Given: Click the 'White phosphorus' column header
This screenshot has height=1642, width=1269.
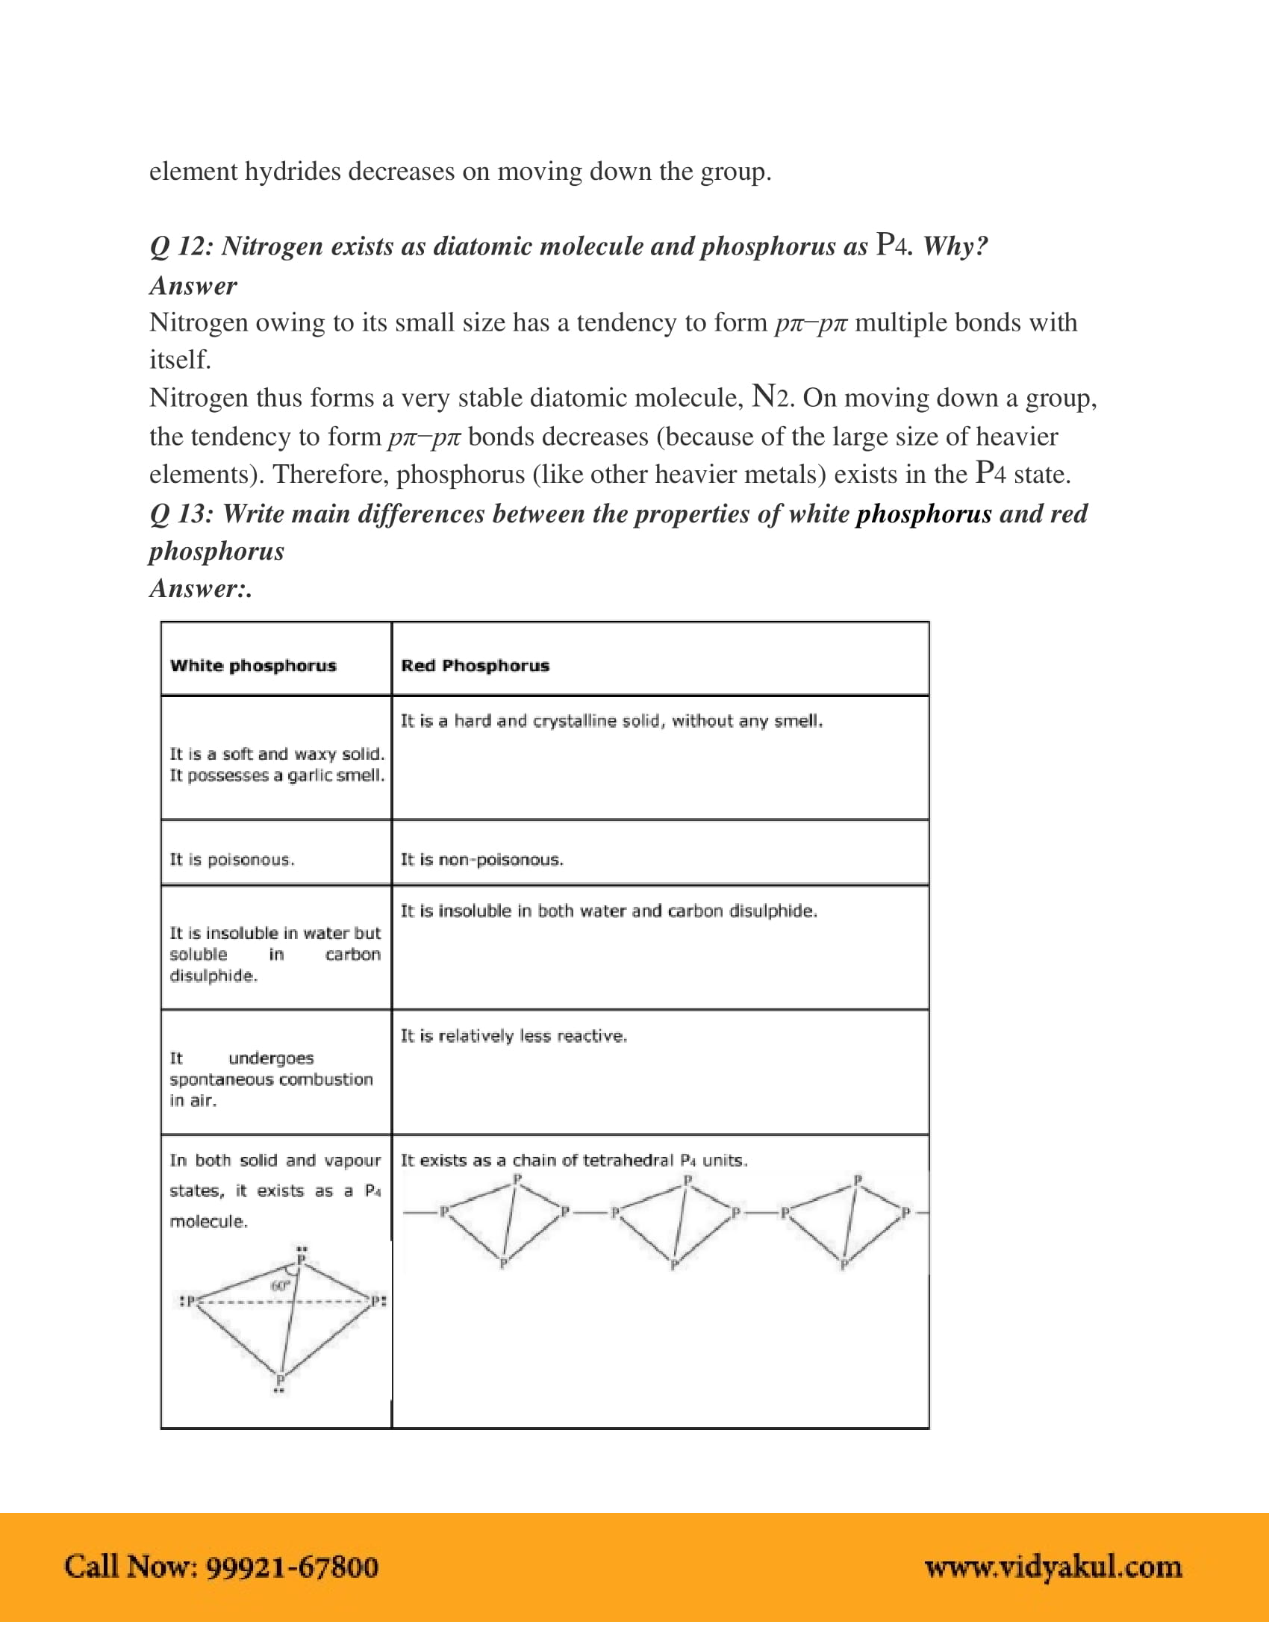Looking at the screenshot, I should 252,665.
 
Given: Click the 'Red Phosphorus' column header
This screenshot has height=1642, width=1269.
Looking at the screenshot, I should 474,665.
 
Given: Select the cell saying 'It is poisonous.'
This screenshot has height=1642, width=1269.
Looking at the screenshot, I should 231,859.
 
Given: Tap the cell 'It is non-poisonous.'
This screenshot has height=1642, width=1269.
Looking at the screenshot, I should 481,859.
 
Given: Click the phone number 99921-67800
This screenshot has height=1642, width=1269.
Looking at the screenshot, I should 292,1566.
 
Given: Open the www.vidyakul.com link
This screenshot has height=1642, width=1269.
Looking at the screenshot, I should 1053,1566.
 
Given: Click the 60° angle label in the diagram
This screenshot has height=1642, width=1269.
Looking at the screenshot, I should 280,1286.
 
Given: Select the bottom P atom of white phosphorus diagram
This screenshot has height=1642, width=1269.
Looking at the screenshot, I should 280,1379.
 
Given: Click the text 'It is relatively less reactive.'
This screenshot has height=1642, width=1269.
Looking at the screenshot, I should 514,1036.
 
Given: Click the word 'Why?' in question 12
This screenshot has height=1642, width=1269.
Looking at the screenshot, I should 955,246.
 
